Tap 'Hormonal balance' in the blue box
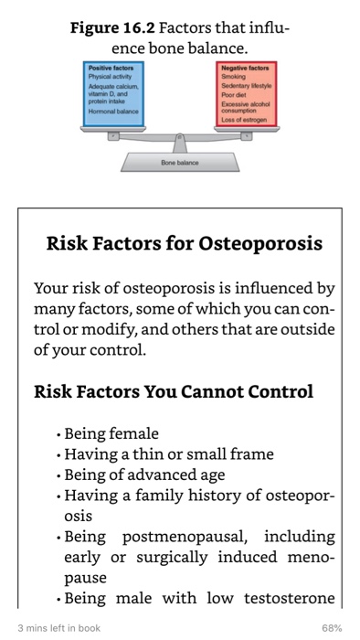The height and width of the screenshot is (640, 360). pos(113,109)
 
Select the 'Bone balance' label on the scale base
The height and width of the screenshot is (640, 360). pos(179,162)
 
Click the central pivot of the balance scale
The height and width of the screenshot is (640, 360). pos(180,141)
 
